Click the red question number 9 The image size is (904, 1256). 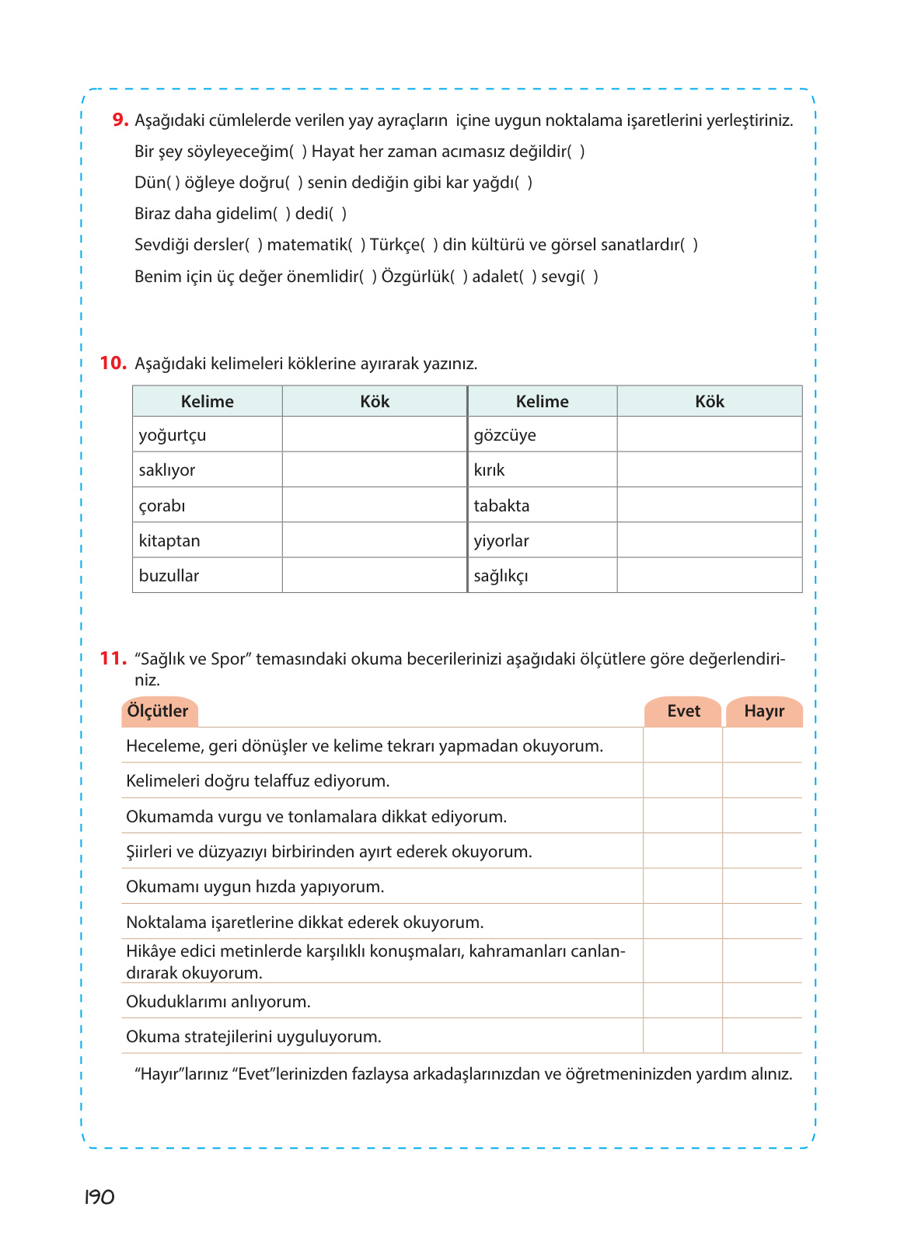coord(120,120)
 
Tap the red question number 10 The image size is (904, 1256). coord(113,363)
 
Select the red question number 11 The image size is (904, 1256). coord(113,658)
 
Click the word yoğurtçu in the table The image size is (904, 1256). coord(173,435)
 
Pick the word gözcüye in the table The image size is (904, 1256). coord(504,435)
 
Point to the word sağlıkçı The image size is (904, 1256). coord(501,576)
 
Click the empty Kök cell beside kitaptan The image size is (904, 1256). coord(374,540)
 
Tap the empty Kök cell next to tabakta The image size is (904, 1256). coord(709,505)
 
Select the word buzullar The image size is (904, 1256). coord(169,576)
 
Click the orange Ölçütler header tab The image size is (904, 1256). coord(159,711)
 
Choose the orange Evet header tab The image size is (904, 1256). coord(683,711)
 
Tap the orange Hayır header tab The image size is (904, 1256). coord(763,711)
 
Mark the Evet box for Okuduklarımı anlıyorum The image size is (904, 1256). coord(682,1001)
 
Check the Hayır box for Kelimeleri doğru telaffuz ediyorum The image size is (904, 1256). coord(763,780)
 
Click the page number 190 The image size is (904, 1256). coord(99,1197)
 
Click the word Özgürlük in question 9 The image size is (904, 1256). coord(416,277)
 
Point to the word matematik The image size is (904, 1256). coord(307,245)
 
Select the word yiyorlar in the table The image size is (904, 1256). coord(501,541)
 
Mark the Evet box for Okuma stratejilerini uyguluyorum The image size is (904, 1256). coord(682,1036)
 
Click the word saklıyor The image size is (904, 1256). coord(167,470)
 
